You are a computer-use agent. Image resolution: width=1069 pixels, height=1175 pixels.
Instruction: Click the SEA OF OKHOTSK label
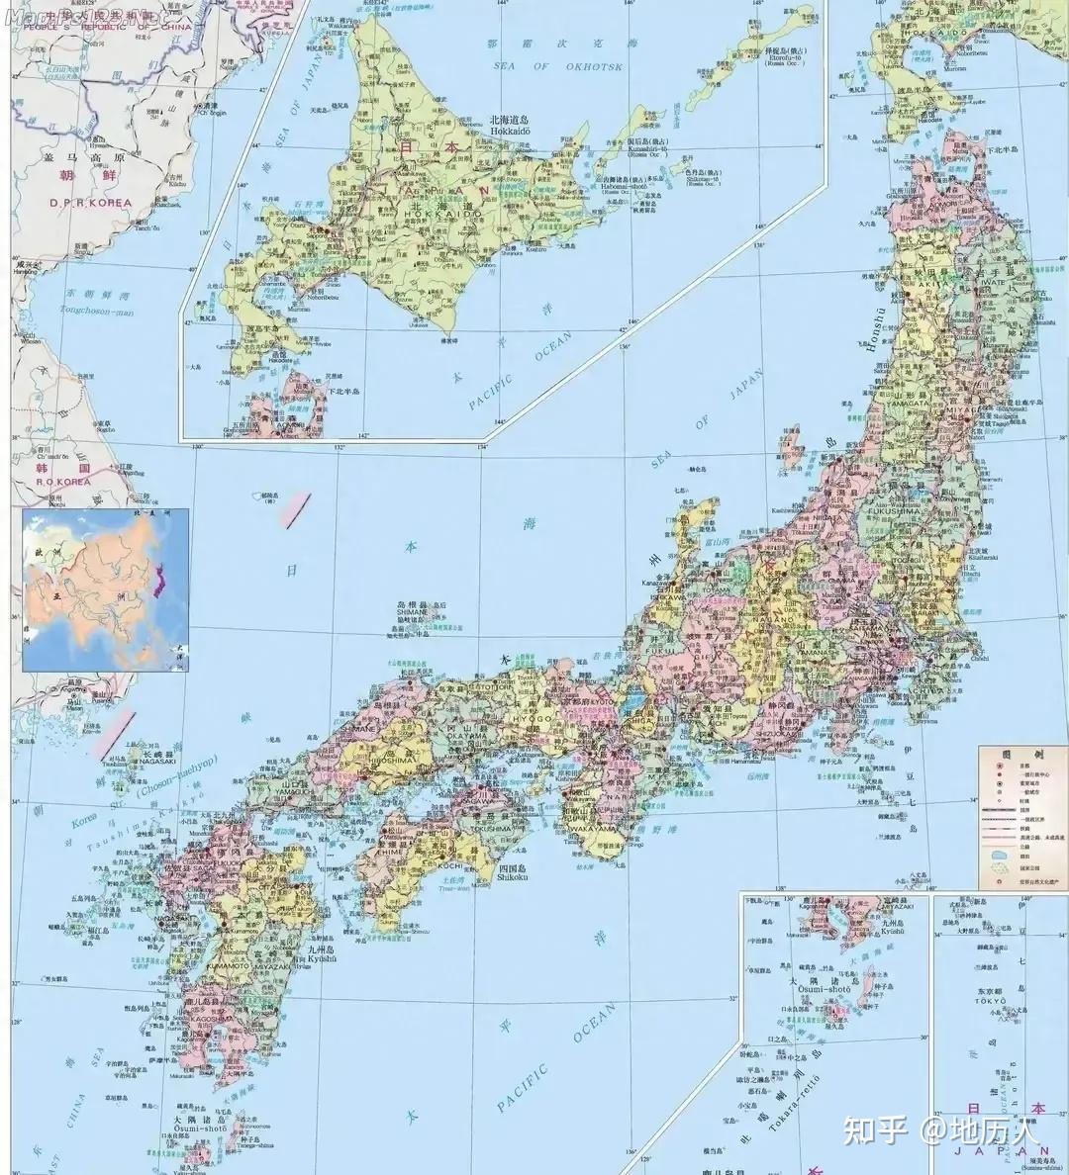(556, 66)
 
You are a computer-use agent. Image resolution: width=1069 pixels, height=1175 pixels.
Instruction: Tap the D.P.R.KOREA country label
(90, 202)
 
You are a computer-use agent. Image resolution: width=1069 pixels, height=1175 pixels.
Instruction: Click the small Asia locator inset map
(105, 589)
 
